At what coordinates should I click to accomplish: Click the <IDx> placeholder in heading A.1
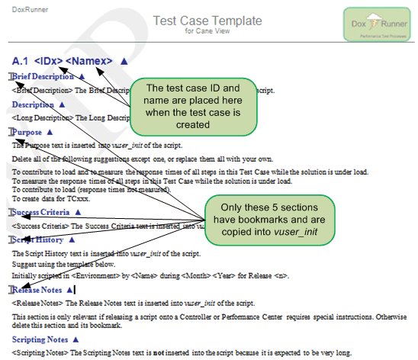click(48, 60)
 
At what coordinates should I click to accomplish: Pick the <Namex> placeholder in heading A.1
click(89, 60)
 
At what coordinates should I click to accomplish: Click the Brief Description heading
click(43, 76)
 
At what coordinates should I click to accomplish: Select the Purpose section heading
click(29, 132)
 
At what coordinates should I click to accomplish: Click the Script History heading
click(38, 239)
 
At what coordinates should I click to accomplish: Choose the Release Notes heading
click(38, 290)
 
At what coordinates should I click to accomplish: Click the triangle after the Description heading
click(62, 104)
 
